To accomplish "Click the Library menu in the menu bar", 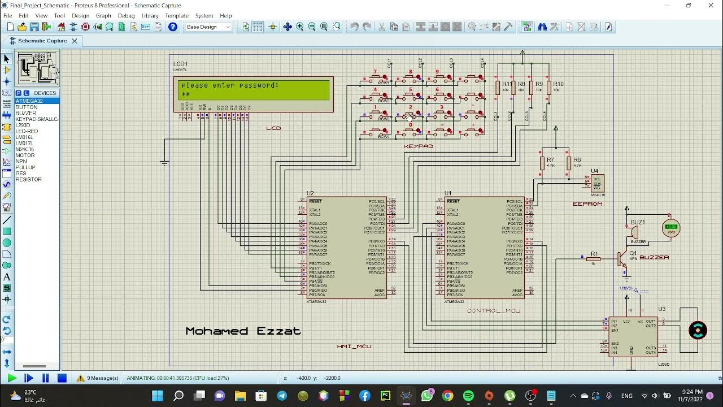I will coord(150,16).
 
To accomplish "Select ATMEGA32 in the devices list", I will coord(29,101).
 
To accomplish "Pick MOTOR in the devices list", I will coord(25,155).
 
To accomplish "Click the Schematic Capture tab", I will coord(42,41).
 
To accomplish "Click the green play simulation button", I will coord(12,378).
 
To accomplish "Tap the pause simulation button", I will coord(46,378).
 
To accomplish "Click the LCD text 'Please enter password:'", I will coord(230,86).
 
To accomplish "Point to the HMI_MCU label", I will coord(354,347).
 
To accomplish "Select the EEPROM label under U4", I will coord(587,204).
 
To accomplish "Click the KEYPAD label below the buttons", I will coord(418,146).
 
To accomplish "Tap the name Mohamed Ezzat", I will coord(243,331).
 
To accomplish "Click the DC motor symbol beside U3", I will coord(698,330).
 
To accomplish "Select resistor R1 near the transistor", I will coord(593,259).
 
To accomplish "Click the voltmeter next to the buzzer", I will coord(670,228).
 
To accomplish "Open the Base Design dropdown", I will coord(208,27).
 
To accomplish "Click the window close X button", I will coord(711,6).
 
